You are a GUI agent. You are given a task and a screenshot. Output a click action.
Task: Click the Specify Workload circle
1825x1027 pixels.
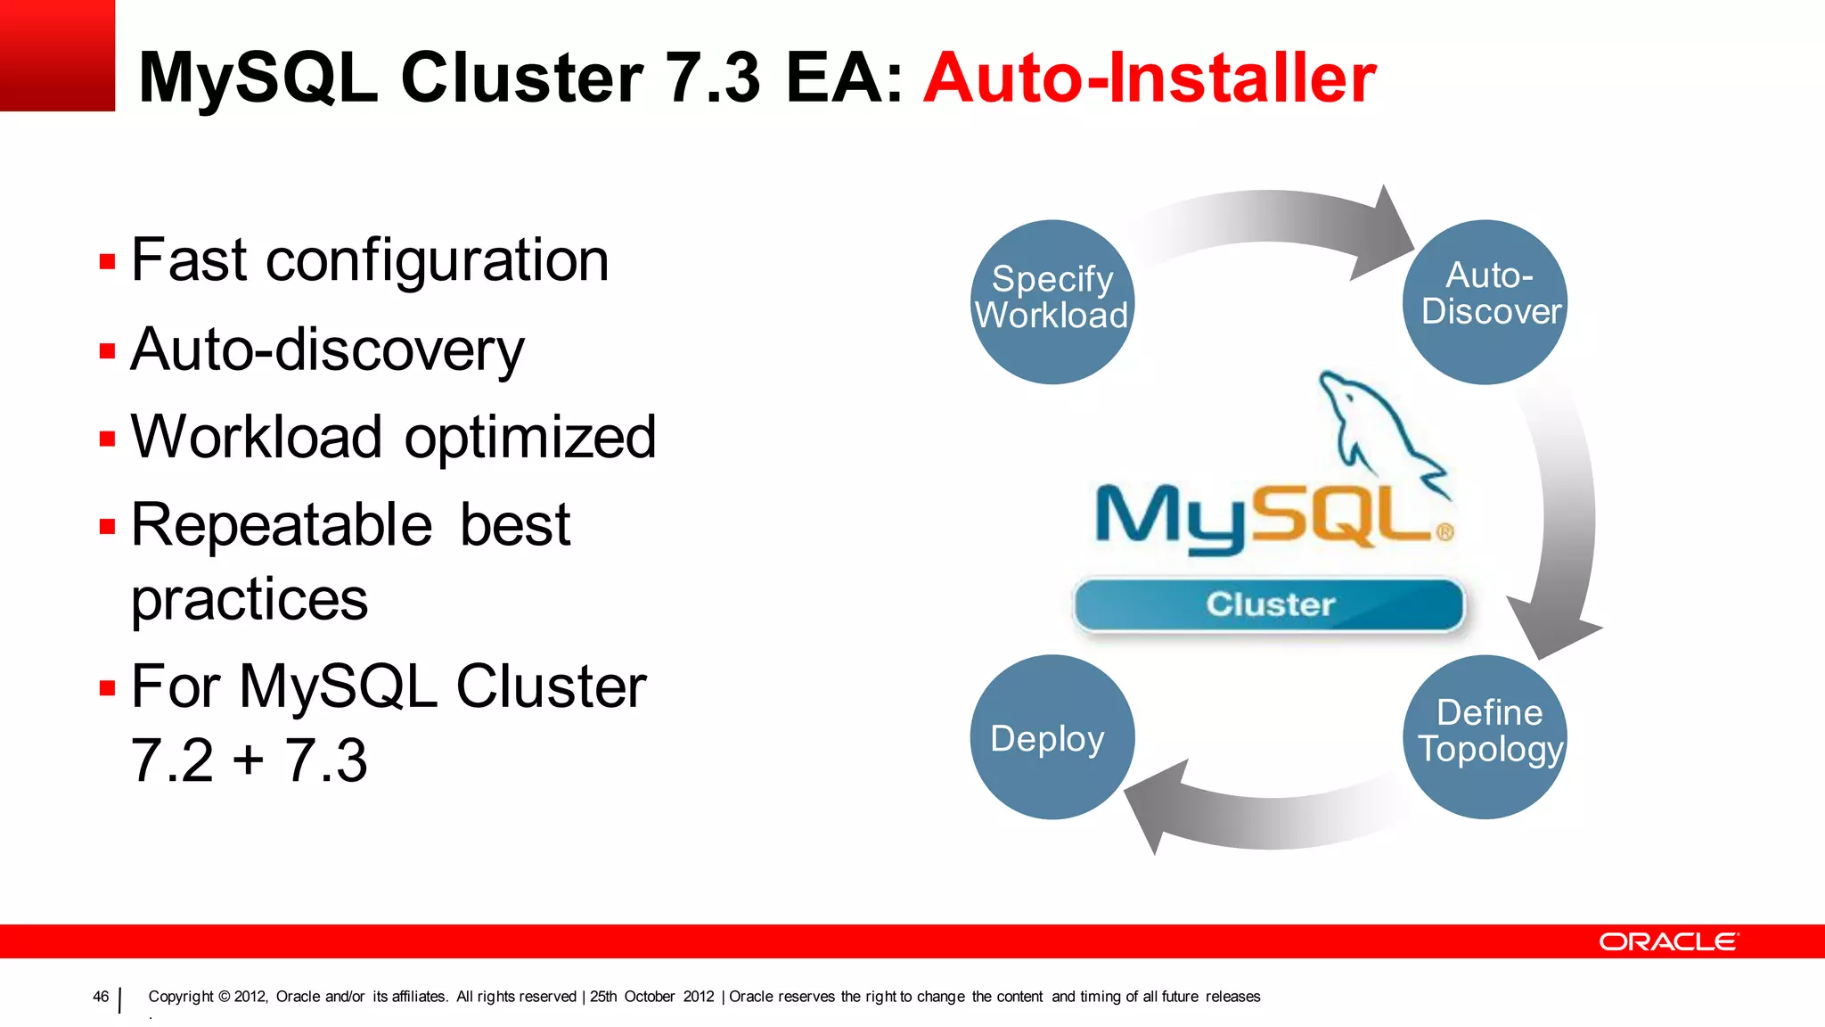pyautogui.click(x=1052, y=301)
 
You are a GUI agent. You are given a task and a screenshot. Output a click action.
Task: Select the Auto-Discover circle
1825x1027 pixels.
pyautogui.click(x=1485, y=301)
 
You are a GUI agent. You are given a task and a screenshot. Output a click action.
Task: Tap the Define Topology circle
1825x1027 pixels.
pyautogui.click(x=1485, y=736)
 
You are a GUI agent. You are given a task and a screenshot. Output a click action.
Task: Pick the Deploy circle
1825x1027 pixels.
pyautogui.click(x=1052, y=736)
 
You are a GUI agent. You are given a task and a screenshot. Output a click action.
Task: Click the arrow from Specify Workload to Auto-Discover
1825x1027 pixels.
pyautogui.click(x=1274, y=218)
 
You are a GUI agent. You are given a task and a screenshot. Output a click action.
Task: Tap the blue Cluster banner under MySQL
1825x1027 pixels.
pyautogui.click(x=1269, y=604)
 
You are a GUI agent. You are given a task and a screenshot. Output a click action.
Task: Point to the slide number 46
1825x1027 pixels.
pyautogui.click(x=101, y=997)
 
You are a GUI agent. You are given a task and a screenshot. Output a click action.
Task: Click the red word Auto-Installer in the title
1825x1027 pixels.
pyautogui.click(x=1150, y=78)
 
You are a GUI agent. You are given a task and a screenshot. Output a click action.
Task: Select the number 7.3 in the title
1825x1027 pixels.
pyautogui.click(x=713, y=78)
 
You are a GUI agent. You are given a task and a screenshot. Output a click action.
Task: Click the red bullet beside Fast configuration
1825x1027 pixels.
pyautogui.click(x=108, y=262)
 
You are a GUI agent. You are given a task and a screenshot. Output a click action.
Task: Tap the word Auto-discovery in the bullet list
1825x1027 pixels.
pyautogui.click(x=327, y=349)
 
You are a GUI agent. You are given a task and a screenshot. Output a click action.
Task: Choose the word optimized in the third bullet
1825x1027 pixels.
pyautogui.click(x=530, y=438)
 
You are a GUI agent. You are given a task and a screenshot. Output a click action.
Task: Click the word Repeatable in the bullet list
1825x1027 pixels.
pyautogui.click(x=282, y=525)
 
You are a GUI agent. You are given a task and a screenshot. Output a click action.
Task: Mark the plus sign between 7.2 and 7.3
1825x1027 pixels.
pyautogui.click(x=249, y=760)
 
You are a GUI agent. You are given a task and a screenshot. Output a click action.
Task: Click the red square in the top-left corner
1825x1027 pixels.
pyautogui.click(x=57, y=55)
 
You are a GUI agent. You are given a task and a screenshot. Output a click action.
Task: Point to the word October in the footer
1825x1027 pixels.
pyautogui.click(x=649, y=997)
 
